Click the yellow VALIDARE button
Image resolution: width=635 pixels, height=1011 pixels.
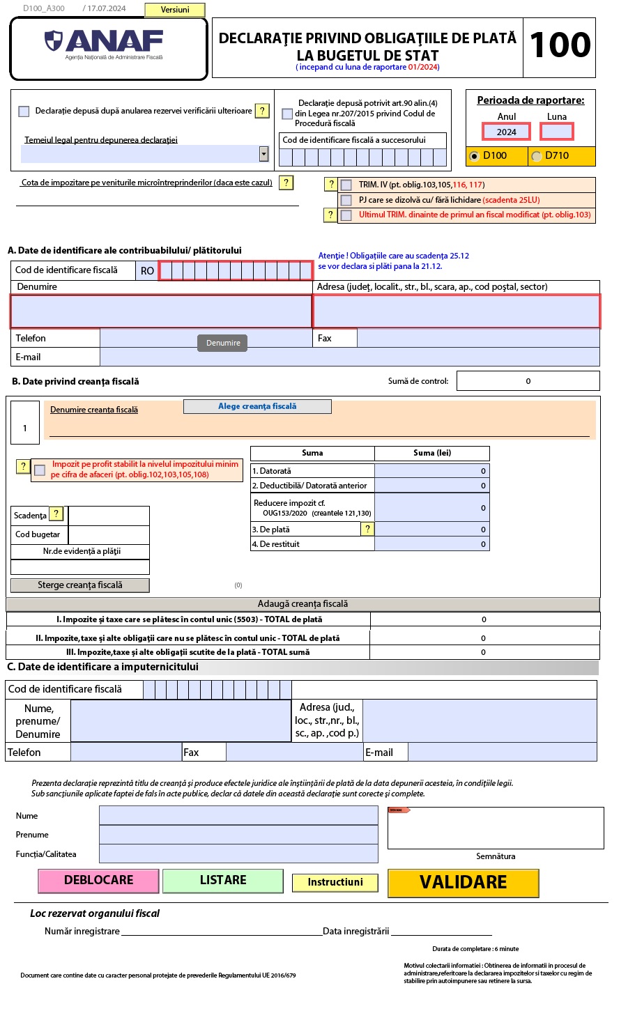click(x=464, y=883)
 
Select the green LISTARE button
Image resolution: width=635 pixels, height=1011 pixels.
click(x=223, y=881)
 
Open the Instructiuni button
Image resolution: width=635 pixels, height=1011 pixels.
click(x=335, y=883)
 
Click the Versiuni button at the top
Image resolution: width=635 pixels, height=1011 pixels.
click(x=175, y=10)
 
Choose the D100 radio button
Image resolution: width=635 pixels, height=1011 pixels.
click(x=475, y=156)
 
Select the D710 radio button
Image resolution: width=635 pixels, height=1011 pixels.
click(x=537, y=156)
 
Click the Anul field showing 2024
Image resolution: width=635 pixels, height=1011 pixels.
click(x=507, y=132)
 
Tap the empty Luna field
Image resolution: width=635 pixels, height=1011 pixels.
click(x=557, y=132)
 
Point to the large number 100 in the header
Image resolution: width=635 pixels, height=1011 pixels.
click(x=560, y=46)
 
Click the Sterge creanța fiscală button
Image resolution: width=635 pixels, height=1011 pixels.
click(x=80, y=585)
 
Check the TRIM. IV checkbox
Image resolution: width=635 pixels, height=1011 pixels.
click(x=346, y=185)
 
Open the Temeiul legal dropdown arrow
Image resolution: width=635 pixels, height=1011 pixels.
click(x=263, y=154)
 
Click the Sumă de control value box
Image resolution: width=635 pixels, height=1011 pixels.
click(x=528, y=381)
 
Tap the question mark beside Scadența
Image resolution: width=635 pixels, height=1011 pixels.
click(x=56, y=514)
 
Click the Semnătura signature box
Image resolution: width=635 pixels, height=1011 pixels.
click(x=496, y=829)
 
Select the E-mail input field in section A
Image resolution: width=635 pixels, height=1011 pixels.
click(x=350, y=357)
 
